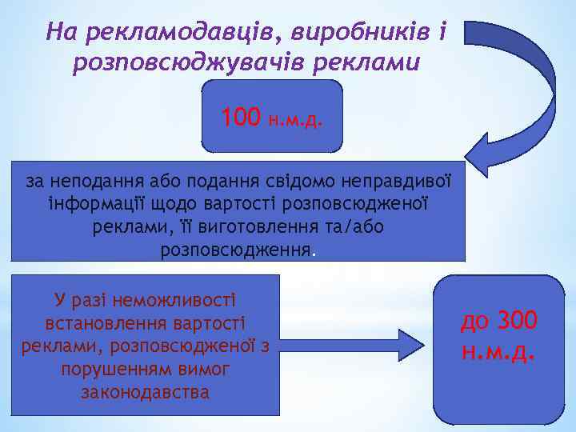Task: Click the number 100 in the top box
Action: click(241, 118)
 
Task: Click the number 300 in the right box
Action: click(518, 322)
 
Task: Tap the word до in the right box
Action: click(475, 322)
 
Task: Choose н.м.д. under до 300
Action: click(498, 351)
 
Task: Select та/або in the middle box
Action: click(354, 227)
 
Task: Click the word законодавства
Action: click(145, 393)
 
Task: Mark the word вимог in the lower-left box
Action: click(203, 370)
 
